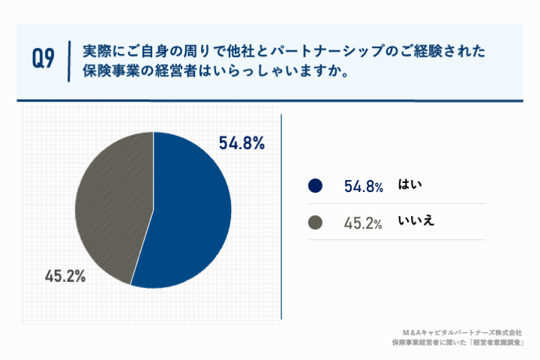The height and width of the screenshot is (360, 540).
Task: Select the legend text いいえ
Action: pyautogui.click(x=417, y=221)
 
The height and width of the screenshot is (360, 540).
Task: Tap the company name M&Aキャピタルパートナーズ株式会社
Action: pyautogui.click(x=462, y=331)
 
